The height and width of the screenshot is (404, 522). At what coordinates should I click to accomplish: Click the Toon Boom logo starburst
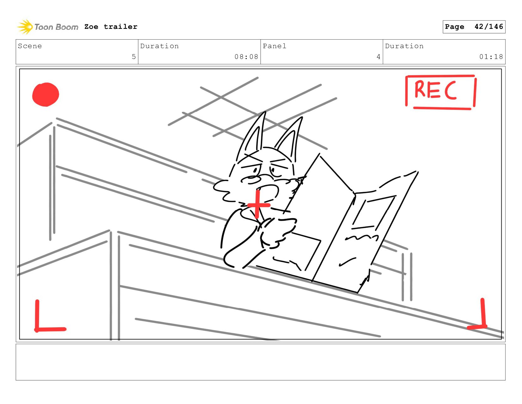(25, 27)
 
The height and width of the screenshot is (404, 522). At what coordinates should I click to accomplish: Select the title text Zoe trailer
(111, 27)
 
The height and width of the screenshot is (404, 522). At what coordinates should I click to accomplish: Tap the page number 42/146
(488, 27)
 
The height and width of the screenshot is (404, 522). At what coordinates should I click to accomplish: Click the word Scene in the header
(30, 46)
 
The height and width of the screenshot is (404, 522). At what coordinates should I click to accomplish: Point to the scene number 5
(134, 56)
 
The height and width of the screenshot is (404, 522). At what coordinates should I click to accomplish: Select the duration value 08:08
(246, 56)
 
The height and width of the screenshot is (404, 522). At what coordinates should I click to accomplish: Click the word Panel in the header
(275, 46)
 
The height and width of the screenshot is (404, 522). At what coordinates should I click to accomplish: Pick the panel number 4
(378, 56)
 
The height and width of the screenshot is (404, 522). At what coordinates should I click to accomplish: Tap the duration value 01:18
(491, 56)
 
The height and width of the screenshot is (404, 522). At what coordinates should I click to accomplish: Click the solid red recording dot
(46, 94)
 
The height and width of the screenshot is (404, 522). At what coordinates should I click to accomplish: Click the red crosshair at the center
(258, 205)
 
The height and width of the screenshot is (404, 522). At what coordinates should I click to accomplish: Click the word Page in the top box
(455, 27)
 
